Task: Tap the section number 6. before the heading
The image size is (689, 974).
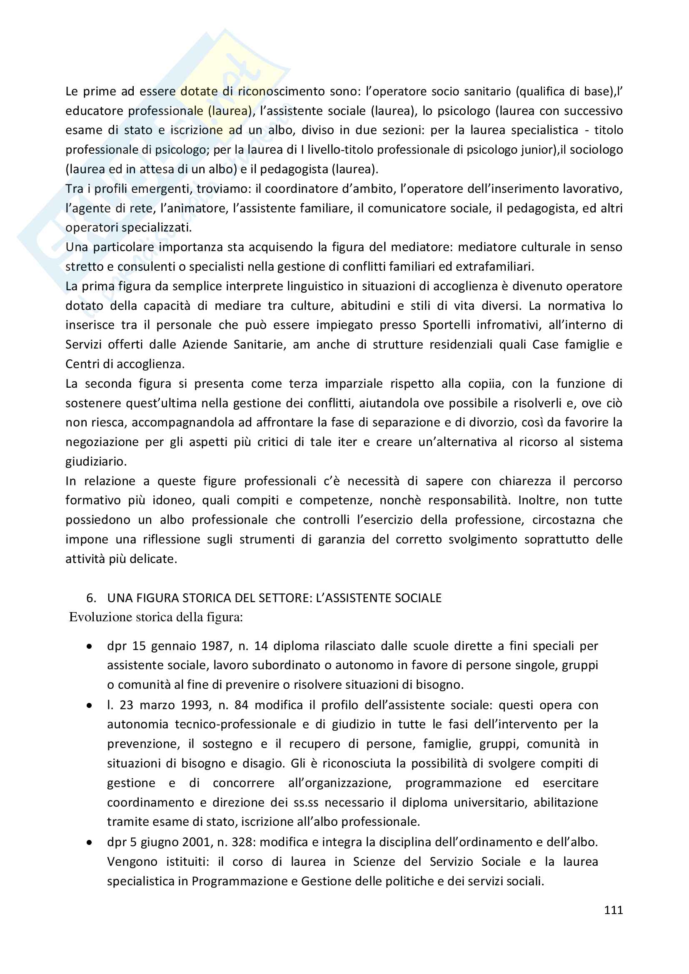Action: click(x=91, y=598)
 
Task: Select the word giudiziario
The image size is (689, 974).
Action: click(x=96, y=461)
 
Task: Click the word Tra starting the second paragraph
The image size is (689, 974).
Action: click(x=74, y=189)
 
